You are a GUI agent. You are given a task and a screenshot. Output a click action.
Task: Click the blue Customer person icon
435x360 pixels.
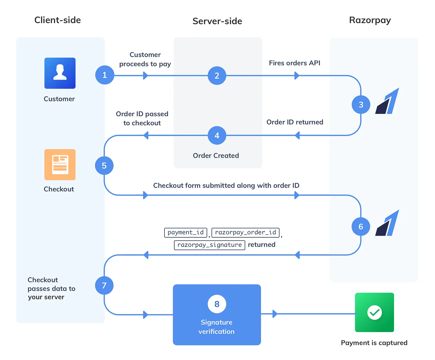pyautogui.click(x=60, y=73)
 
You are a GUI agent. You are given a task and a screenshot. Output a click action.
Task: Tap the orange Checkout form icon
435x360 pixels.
pyautogui.click(x=60, y=165)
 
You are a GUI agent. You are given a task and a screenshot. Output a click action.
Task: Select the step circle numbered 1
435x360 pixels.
pyautogui.click(x=105, y=75)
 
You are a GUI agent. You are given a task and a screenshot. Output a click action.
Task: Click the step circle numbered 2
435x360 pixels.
pyautogui.click(x=217, y=75)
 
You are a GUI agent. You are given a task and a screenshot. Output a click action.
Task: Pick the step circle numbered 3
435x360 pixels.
pyautogui.click(x=361, y=105)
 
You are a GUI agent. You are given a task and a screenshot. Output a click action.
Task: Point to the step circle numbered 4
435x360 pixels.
pyautogui.click(x=217, y=135)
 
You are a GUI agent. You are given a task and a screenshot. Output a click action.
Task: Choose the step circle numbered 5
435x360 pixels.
pyautogui.click(x=104, y=166)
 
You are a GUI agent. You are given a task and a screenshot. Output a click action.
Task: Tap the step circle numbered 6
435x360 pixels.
pyautogui.click(x=361, y=227)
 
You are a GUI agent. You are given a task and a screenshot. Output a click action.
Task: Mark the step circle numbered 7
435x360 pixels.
pyautogui.click(x=104, y=285)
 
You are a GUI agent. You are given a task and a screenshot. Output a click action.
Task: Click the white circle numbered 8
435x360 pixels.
pyautogui.click(x=217, y=304)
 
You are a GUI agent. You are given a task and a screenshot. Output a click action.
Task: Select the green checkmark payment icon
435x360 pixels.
pyautogui.click(x=374, y=312)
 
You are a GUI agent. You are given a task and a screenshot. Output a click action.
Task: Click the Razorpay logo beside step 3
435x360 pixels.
pyautogui.click(x=387, y=101)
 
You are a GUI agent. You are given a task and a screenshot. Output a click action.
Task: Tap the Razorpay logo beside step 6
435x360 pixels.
pyautogui.click(x=387, y=223)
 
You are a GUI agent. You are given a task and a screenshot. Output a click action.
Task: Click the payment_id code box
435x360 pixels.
pyautogui.click(x=185, y=232)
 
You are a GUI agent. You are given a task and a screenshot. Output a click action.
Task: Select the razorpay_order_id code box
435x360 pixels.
pyautogui.click(x=245, y=232)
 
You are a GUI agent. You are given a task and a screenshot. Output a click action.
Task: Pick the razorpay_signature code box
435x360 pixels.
pyautogui.click(x=209, y=245)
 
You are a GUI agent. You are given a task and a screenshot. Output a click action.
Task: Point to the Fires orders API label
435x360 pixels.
pyautogui.click(x=295, y=63)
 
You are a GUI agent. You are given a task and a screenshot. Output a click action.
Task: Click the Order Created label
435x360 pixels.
pyautogui.click(x=216, y=156)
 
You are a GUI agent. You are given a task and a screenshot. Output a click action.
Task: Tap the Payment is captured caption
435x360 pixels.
pyautogui.click(x=374, y=343)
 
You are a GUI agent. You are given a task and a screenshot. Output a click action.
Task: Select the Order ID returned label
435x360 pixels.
pyautogui.click(x=295, y=122)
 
